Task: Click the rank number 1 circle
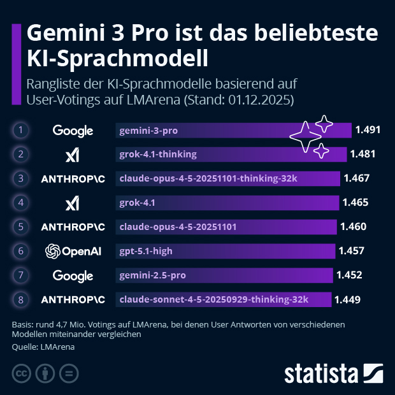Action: click(x=21, y=131)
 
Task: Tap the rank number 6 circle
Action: click(x=21, y=251)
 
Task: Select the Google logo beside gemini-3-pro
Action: click(x=73, y=131)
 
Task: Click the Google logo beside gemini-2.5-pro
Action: click(x=73, y=275)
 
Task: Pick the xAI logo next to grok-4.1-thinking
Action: click(x=73, y=155)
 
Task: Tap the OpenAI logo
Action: click(x=73, y=251)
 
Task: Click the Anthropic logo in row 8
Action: click(x=73, y=299)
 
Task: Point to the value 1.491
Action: click(x=368, y=130)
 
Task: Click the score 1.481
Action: click(x=363, y=154)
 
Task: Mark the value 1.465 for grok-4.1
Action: click(x=355, y=203)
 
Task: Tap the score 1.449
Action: click(x=347, y=299)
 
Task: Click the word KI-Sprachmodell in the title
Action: click(x=117, y=58)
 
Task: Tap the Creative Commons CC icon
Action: click(x=22, y=373)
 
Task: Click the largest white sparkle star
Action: click(x=305, y=136)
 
